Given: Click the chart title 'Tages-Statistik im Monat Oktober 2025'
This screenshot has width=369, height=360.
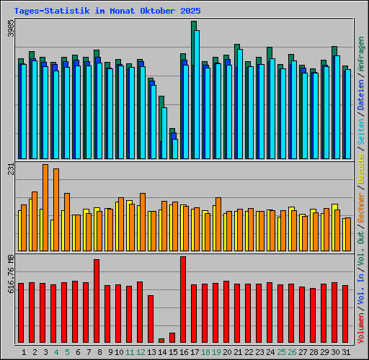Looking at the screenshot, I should (x=108, y=12).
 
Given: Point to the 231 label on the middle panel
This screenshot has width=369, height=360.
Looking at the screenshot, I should (x=10, y=169).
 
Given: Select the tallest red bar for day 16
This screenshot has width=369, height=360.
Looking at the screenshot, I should (x=183, y=299).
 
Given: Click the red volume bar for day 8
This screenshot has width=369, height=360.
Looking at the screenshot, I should (x=97, y=300).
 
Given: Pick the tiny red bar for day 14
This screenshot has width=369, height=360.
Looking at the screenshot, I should (x=161, y=341).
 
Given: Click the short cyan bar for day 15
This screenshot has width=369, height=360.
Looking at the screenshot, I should (x=174, y=148).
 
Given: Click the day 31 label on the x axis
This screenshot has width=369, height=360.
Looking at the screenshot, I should (x=346, y=352).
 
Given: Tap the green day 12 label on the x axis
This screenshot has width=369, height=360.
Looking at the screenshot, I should (x=141, y=352).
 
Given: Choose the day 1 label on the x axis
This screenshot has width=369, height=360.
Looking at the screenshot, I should (x=24, y=352).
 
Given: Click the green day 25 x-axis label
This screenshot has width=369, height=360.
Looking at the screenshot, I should (x=280, y=352).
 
